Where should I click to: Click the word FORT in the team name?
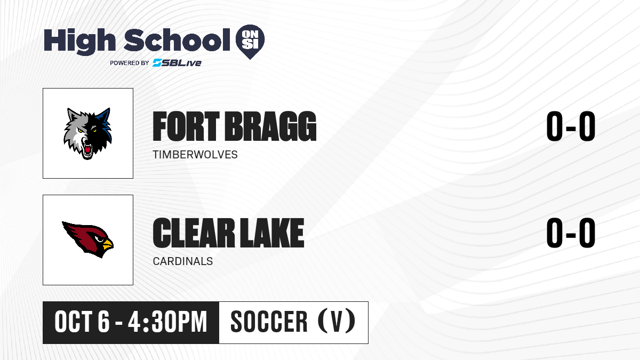click(186, 126)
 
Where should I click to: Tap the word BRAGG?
click(271, 126)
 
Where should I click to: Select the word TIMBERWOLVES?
click(195, 155)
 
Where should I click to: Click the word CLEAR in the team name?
click(194, 233)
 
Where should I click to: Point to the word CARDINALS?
click(183, 261)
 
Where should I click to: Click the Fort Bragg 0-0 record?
click(571, 126)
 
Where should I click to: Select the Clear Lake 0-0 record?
click(571, 233)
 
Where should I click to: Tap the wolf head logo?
click(87, 133)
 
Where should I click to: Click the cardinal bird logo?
click(87, 239)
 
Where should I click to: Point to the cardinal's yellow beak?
click(108, 245)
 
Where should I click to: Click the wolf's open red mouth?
click(87, 150)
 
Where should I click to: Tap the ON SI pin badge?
click(250, 42)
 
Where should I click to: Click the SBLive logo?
click(177, 63)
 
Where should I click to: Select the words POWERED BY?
click(130, 63)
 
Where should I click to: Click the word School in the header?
click(177, 40)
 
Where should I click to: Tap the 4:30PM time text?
click(167, 322)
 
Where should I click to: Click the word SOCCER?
click(269, 322)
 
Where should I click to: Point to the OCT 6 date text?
click(82, 322)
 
